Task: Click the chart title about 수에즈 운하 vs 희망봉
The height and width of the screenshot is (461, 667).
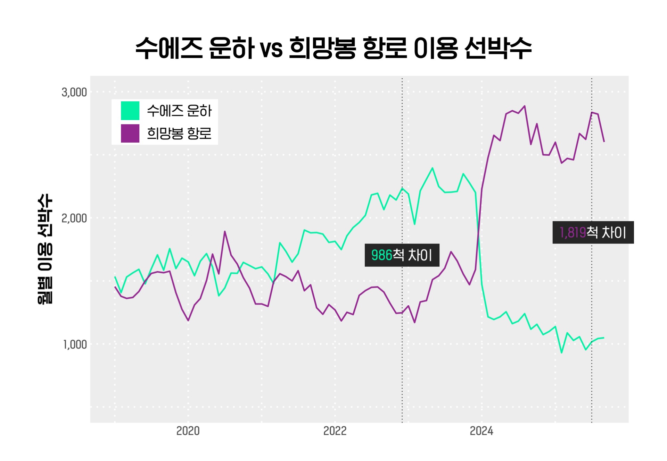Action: (x=333, y=48)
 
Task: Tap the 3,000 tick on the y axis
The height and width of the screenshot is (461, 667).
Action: (x=74, y=92)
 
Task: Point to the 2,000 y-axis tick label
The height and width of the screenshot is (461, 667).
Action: (x=74, y=218)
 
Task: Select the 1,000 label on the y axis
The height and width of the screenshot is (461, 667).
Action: (x=75, y=344)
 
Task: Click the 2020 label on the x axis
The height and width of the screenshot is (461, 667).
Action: (x=188, y=431)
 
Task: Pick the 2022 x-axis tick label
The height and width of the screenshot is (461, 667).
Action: (x=335, y=431)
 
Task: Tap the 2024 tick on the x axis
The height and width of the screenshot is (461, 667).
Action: (x=481, y=431)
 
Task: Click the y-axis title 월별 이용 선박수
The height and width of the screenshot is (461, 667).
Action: (x=45, y=249)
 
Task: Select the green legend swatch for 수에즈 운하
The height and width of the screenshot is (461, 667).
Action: (x=130, y=111)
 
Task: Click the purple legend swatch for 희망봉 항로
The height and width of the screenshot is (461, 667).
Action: (x=130, y=133)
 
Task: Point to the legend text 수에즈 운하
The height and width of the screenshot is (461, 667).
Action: (x=179, y=111)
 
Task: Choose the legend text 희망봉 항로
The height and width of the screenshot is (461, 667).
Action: (x=179, y=133)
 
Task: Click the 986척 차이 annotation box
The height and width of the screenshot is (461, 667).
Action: (x=402, y=255)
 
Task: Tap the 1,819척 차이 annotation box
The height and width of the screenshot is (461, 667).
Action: (x=593, y=232)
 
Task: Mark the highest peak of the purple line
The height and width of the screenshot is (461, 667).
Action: (x=525, y=106)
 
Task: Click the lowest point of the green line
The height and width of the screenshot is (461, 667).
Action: (x=561, y=353)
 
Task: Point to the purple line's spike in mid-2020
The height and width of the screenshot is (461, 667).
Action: (x=225, y=231)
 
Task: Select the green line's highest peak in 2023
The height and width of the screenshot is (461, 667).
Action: (x=432, y=168)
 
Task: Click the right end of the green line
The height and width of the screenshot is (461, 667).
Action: (x=604, y=338)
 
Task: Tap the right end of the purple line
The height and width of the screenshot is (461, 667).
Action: (x=604, y=142)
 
